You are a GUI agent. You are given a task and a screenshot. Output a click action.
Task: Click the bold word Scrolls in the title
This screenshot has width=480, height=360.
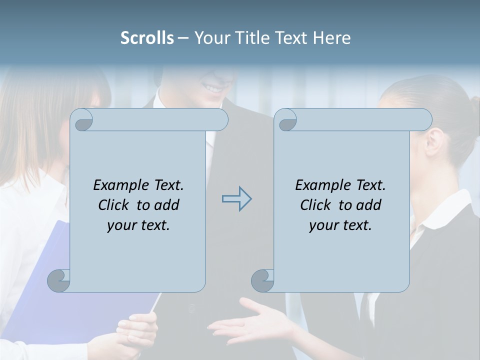coord(147,37)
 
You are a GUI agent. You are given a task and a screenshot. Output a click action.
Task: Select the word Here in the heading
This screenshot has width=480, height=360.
coord(331,37)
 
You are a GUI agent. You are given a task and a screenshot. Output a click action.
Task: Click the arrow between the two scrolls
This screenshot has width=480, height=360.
coord(236,199)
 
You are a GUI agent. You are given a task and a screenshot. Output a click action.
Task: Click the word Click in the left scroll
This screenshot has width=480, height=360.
coord(115,205)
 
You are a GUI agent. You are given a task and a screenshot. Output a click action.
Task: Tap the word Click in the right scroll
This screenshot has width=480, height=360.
coord(317,205)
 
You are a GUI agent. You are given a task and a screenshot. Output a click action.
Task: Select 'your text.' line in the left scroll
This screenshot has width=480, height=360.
coord(138,225)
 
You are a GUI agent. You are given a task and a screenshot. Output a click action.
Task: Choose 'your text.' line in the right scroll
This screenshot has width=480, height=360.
coord(340,225)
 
